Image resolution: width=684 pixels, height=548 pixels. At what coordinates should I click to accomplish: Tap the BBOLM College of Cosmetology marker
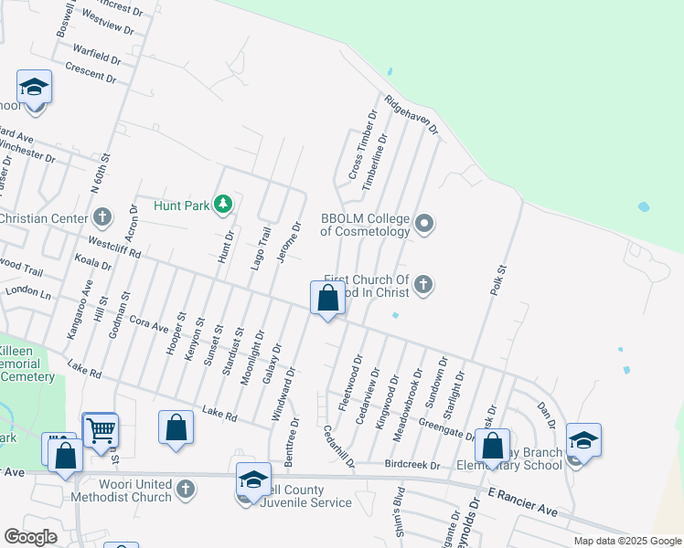click(x=423, y=223)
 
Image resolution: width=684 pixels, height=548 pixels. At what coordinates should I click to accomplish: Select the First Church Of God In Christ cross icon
click(x=422, y=285)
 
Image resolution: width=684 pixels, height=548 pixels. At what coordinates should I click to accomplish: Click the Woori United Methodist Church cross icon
click(x=185, y=489)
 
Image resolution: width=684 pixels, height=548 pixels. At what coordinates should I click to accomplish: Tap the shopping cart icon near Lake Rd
click(x=101, y=429)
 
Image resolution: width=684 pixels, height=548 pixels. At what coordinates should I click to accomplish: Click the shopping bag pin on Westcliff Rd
click(x=327, y=298)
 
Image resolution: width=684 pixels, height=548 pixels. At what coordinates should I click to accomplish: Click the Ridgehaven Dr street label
click(x=411, y=115)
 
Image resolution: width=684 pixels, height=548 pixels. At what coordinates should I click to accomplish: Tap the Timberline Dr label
click(x=374, y=161)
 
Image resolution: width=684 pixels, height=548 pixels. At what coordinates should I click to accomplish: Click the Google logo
click(x=30, y=536)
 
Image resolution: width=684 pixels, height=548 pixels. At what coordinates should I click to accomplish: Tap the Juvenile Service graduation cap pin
click(x=253, y=479)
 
